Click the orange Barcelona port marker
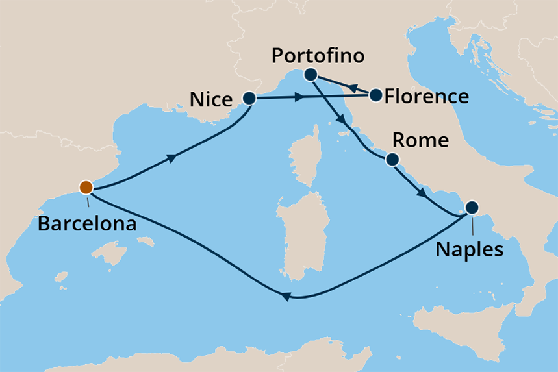point(86,188)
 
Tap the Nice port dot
point(249,99)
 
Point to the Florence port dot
point(375,96)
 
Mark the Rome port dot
point(392,159)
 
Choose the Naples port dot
point(472,208)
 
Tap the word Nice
point(211,99)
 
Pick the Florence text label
point(426,97)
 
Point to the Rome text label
point(421,140)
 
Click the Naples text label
point(470,249)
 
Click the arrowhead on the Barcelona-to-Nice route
point(171,158)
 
